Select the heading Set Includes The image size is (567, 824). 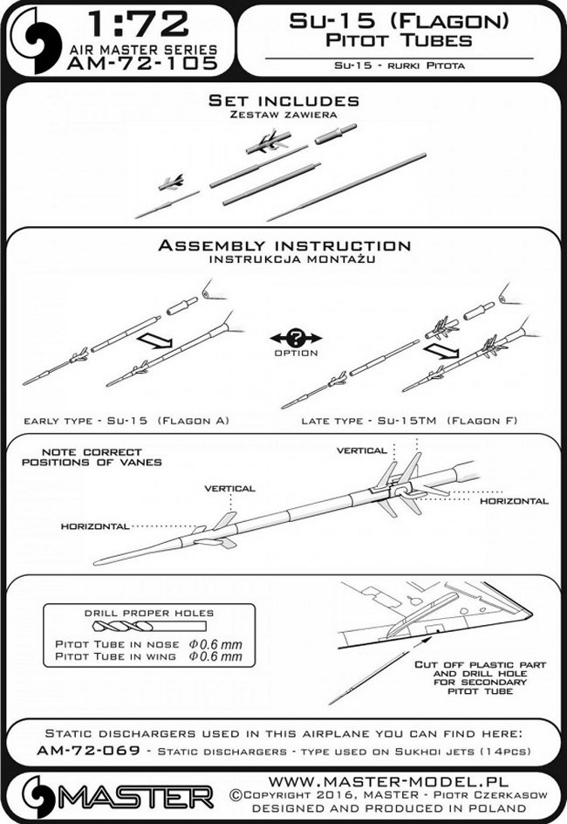[283, 102]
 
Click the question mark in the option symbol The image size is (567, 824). [283, 338]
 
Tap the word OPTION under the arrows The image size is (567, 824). [283, 354]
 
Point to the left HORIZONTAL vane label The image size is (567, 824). [95, 526]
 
